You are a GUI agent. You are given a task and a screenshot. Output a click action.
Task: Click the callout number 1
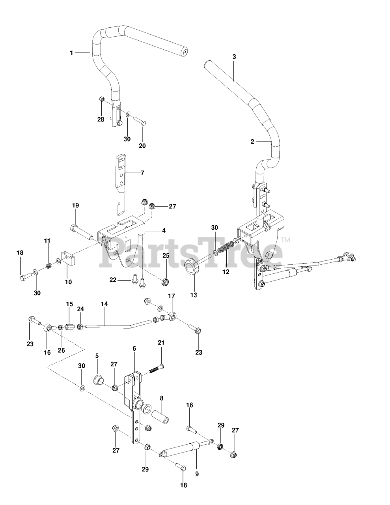point(71,52)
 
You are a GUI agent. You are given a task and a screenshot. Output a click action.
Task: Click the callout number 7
point(142,173)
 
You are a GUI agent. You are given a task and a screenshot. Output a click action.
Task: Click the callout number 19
point(75,205)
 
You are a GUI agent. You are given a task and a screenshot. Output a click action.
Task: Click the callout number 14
point(104,305)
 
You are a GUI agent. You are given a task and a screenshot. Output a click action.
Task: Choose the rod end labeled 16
point(48,328)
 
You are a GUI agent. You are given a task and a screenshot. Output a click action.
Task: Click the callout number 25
point(166,256)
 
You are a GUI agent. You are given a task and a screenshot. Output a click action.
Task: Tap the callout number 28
point(101,119)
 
